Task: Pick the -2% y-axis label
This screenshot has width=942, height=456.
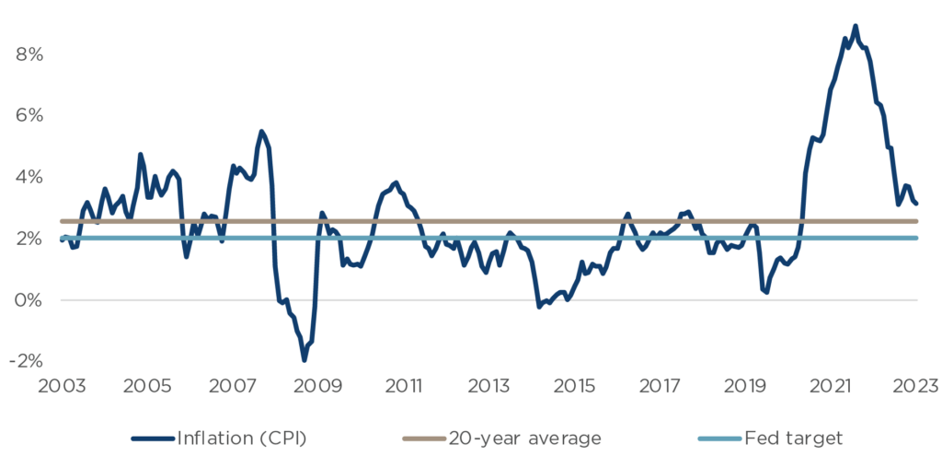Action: click(27, 361)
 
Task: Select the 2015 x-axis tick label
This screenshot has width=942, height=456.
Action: click(573, 386)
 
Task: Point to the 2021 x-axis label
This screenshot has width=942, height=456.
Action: click(832, 386)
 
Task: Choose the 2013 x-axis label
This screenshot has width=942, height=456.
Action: click(488, 386)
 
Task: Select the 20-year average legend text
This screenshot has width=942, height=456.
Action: click(525, 438)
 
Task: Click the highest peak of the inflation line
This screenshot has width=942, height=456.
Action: click(855, 26)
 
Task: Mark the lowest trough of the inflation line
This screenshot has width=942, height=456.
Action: click(304, 359)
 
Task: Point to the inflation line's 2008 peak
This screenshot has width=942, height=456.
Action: click(261, 131)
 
